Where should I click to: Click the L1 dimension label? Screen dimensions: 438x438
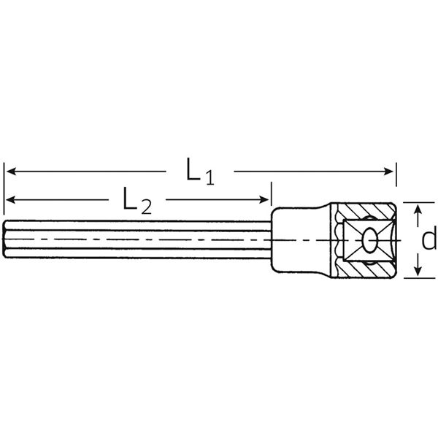point(200,172)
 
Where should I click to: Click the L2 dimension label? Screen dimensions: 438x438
point(137,201)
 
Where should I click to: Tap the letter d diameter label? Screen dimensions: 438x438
point(429,237)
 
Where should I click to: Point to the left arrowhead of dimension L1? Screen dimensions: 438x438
point(11,172)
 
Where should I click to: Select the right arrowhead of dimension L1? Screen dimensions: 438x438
point(388,172)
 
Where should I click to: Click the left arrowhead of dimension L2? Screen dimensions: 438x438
point(11,200)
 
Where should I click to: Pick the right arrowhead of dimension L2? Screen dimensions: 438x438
point(264,200)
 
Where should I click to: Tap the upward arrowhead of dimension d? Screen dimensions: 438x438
point(418,209)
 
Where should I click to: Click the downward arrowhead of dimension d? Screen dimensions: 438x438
point(418,271)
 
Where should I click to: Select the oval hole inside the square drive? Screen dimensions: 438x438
point(370,240)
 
